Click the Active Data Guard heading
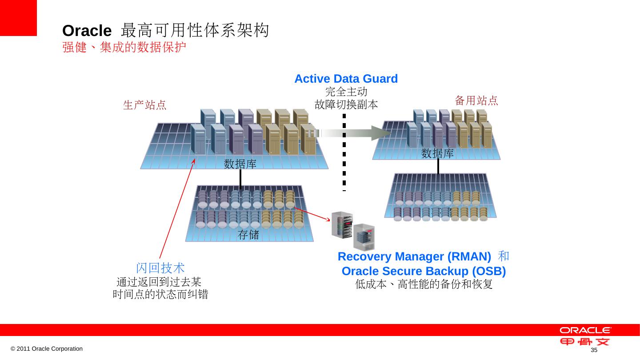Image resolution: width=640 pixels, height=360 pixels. [x=346, y=79]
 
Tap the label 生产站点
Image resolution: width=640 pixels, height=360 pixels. [x=144, y=105]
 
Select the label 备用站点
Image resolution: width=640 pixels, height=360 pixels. [x=476, y=100]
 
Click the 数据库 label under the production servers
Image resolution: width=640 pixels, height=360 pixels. [x=240, y=164]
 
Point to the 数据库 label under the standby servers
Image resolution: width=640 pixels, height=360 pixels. [x=437, y=154]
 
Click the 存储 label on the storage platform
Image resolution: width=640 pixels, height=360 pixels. [x=249, y=235]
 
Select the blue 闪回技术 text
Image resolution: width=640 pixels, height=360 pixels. [x=160, y=268]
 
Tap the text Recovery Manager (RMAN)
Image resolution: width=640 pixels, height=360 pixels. [x=414, y=257]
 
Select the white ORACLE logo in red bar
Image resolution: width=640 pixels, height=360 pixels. [x=585, y=330]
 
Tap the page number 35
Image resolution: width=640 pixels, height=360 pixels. [x=593, y=351]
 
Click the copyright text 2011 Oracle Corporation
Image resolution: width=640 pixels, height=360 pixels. [x=47, y=349]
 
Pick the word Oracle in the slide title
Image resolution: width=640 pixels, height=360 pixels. [x=87, y=31]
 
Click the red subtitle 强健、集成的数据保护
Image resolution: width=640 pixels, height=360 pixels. [x=124, y=47]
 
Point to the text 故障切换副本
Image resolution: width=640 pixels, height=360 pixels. [x=346, y=105]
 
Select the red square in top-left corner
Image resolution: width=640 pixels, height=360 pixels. [x=18, y=18]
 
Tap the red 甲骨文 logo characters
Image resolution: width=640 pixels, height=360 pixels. [x=585, y=342]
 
